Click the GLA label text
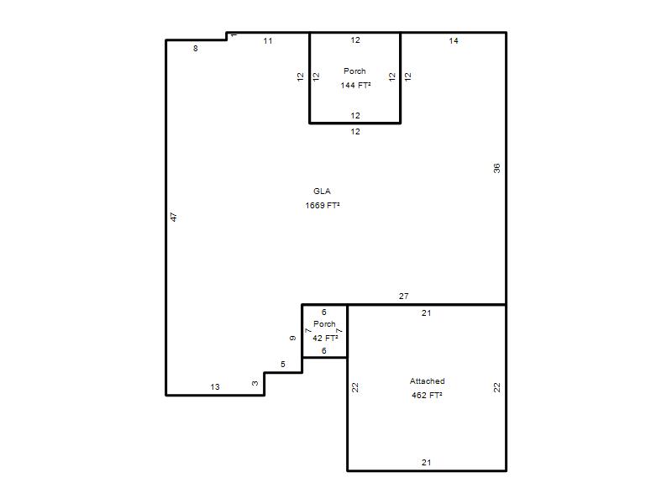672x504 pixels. point(322,192)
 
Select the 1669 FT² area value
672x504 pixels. point(323,205)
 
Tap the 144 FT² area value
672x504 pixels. point(355,85)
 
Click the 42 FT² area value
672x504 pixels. point(325,338)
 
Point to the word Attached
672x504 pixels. point(427,381)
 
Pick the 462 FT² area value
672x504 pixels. point(427,395)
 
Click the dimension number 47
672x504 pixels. point(174,217)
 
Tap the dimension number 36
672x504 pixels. point(496,168)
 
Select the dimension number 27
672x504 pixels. point(404,296)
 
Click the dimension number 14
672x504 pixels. point(454,40)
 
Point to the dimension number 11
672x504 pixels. point(268,40)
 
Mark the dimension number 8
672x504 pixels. point(196,49)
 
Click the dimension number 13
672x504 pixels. point(215,387)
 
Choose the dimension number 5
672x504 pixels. point(283,365)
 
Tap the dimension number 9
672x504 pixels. point(292,339)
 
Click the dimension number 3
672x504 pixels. point(255,383)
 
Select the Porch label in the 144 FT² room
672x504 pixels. point(354,71)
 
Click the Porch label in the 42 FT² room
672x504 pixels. point(324,324)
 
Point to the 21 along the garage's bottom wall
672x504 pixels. point(426,463)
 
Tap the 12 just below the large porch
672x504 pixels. point(355,132)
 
